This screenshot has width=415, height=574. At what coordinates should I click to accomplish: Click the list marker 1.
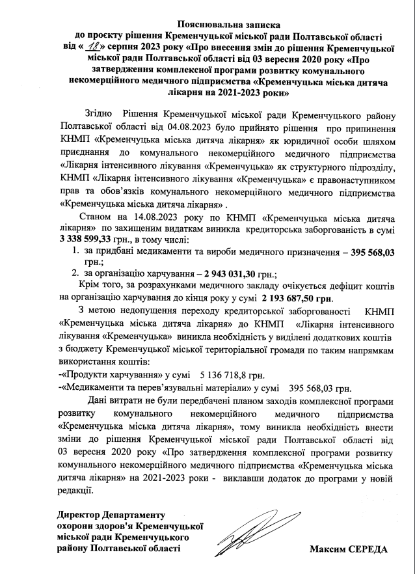[x=75, y=252]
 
